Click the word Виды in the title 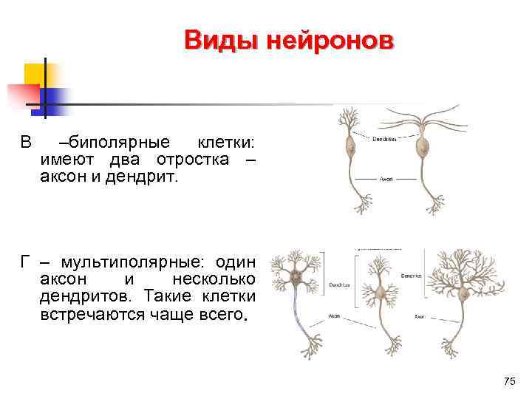214,40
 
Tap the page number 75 508,381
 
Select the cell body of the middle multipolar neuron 381,293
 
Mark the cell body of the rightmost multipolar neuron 464,294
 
